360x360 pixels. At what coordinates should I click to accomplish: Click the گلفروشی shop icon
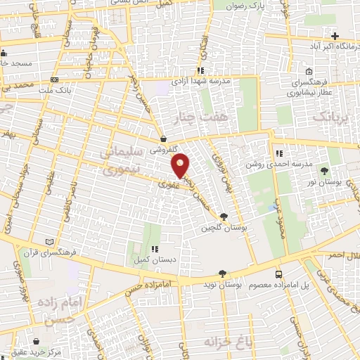point(163,139)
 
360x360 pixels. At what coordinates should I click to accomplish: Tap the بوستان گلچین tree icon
point(224,217)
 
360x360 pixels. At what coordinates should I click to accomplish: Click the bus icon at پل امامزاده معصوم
point(280,274)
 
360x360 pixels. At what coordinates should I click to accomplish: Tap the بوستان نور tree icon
point(324,171)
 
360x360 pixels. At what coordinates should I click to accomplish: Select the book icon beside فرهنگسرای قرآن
point(49,241)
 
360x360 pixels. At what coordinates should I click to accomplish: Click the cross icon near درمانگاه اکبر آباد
point(335,36)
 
